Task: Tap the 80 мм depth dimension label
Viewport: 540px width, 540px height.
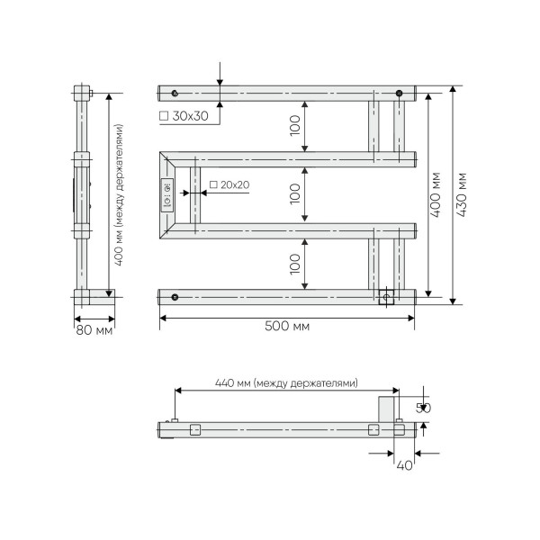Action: click(93, 331)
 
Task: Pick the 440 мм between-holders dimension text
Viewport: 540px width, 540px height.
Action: click(286, 382)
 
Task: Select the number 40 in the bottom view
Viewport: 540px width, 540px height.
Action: click(404, 465)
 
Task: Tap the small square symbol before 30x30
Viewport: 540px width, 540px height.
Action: click(163, 117)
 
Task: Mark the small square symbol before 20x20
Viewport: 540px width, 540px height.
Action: click(212, 185)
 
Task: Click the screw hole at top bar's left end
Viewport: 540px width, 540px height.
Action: click(175, 93)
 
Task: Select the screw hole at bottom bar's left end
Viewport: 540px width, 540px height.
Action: click(175, 297)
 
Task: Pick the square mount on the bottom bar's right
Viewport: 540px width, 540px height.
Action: click(387, 297)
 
